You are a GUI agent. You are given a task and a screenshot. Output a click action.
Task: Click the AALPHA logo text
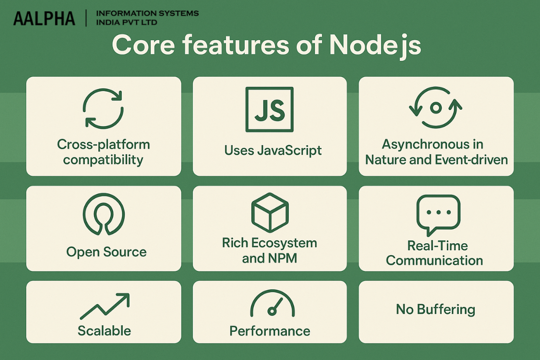pyautogui.click(x=44, y=18)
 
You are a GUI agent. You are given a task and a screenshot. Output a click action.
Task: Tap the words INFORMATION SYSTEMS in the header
pyautogui.click(x=147, y=13)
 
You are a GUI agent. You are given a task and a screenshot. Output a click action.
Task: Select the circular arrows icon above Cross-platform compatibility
pyautogui.click(x=103, y=109)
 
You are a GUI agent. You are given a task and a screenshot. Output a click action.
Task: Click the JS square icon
pyautogui.click(x=270, y=109)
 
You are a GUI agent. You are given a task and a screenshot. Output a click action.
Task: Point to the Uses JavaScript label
pyautogui.click(x=273, y=150)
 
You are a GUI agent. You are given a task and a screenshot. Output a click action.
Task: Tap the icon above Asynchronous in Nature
pyautogui.click(x=435, y=108)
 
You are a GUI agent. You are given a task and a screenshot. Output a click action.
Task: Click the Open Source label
pyautogui.click(x=106, y=252)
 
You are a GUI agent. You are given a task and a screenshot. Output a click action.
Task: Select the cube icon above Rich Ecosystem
pyautogui.click(x=270, y=212)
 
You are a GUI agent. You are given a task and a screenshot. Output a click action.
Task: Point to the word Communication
pyautogui.click(x=434, y=260)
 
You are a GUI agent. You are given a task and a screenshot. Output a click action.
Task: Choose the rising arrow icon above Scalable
pyautogui.click(x=104, y=306)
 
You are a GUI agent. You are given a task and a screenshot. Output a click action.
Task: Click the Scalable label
pyautogui.click(x=104, y=330)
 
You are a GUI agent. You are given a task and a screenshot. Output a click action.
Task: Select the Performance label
pyautogui.click(x=270, y=331)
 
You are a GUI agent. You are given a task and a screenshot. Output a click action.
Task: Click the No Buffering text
pyautogui.click(x=435, y=309)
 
